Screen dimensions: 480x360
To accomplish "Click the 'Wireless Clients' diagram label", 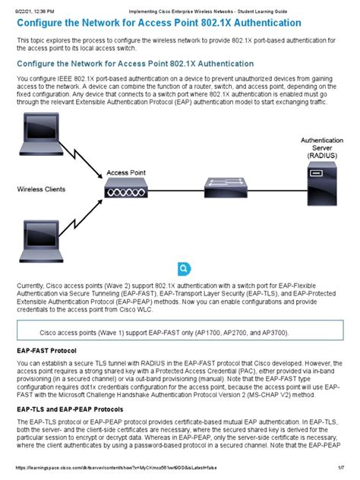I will [43, 188].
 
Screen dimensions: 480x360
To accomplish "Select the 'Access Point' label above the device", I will [126, 173].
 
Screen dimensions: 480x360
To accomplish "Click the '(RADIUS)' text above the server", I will [322, 156].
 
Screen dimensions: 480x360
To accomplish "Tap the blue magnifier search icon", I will [184, 269].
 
